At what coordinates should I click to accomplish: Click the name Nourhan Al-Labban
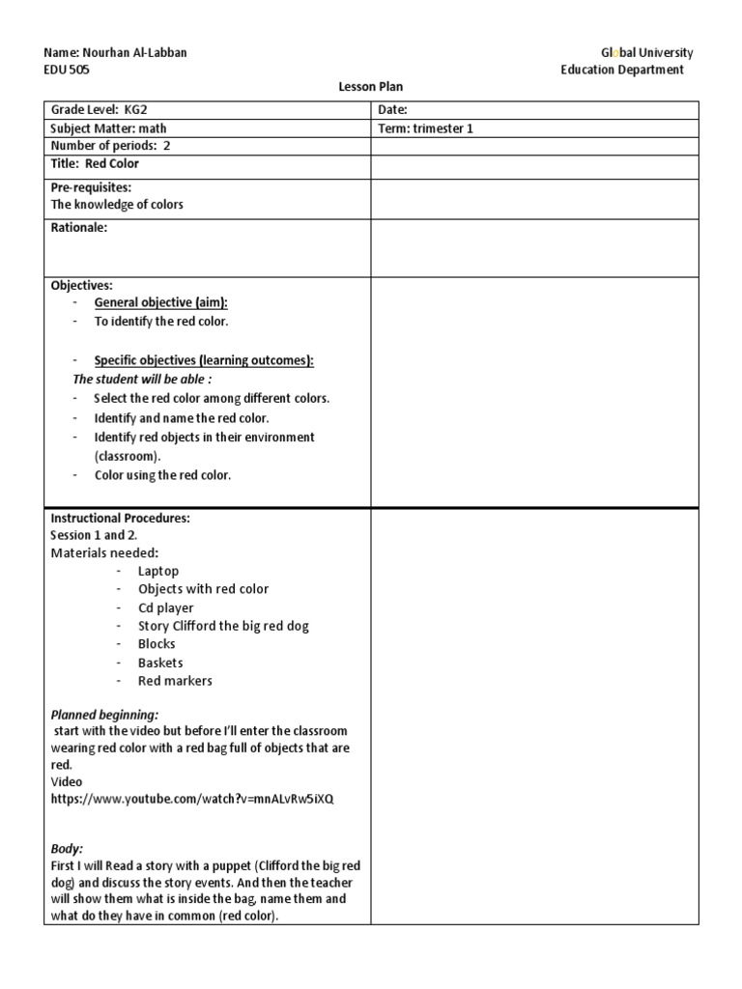click(115, 53)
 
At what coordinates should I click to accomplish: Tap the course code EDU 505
click(67, 70)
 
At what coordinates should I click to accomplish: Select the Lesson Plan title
click(370, 87)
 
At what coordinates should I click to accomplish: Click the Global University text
click(646, 53)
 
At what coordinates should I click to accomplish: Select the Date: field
click(393, 110)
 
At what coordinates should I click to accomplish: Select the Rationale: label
click(78, 228)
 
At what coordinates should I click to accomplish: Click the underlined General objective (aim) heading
click(161, 303)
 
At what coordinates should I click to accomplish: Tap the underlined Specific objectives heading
click(204, 360)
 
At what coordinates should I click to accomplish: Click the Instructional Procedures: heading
click(120, 518)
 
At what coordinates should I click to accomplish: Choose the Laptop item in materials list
click(158, 571)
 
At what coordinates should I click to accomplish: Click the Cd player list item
click(165, 608)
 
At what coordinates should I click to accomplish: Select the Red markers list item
click(175, 681)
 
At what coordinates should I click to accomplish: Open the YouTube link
click(192, 800)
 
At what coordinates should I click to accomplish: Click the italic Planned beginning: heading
click(104, 715)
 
